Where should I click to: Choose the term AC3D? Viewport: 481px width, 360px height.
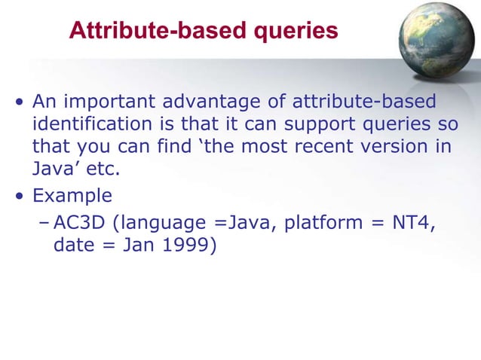click(x=78, y=223)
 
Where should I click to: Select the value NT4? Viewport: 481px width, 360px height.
click(x=413, y=223)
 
